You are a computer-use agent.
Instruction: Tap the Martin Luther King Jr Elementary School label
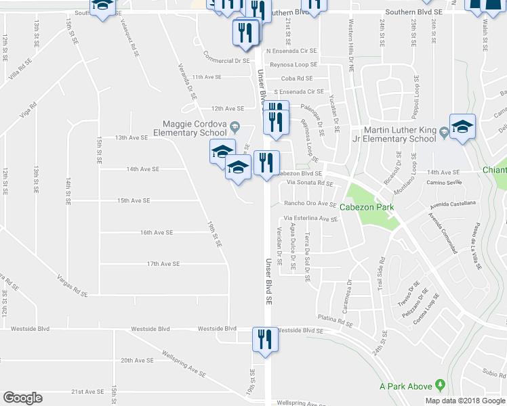click(x=399, y=134)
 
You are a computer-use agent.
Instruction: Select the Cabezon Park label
click(x=367, y=207)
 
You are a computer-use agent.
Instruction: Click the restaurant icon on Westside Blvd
click(x=262, y=339)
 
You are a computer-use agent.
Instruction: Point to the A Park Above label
click(x=405, y=386)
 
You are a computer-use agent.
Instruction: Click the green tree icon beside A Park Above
click(x=441, y=386)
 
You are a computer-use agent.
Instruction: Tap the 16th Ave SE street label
click(x=157, y=232)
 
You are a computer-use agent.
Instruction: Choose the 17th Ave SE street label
click(x=163, y=264)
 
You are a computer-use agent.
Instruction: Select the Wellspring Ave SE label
click(x=183, y=363)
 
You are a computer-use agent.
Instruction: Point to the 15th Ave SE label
click(x=134, y=200)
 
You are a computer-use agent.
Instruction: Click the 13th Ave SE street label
click(x=131, y=137)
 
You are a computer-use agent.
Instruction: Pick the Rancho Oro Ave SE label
click(x=310, y=204)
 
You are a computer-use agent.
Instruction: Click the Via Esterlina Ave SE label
click(x=310, y=219)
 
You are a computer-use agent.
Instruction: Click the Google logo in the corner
click(x=22, y=398)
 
